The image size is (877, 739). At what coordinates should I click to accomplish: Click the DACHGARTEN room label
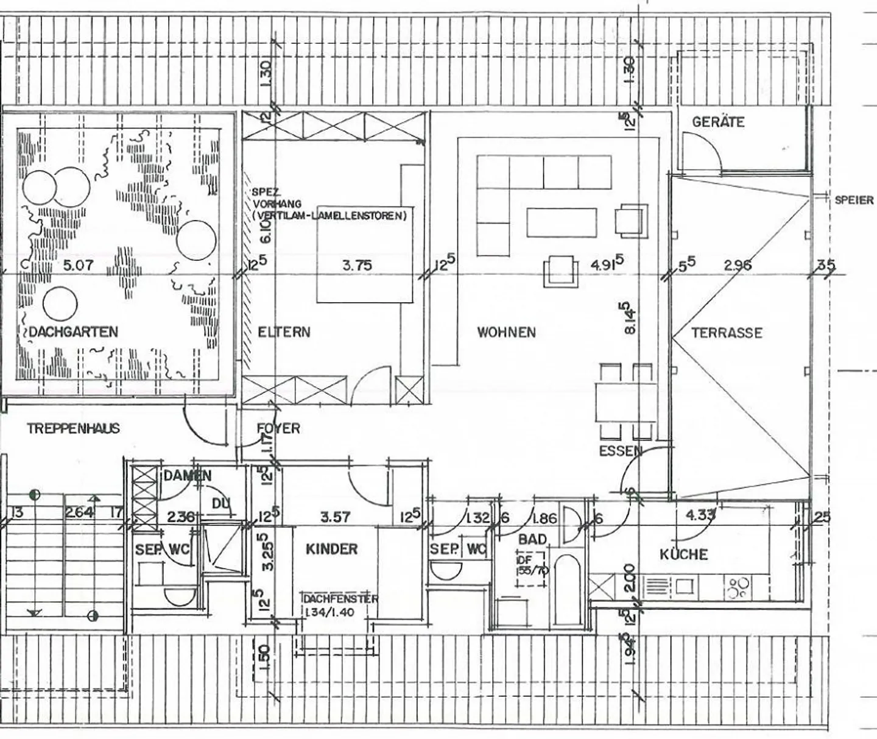point(73,332)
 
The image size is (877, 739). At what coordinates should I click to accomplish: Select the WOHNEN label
point(506,332)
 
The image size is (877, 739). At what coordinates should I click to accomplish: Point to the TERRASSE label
point(727,333)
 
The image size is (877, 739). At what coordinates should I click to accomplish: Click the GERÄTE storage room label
point(718,122)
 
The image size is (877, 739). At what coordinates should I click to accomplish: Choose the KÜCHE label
point(684,554)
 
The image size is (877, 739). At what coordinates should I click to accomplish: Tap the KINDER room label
point(331,549)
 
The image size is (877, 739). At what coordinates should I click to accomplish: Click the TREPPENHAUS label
point(73,428)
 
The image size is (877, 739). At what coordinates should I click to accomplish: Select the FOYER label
point(278,428)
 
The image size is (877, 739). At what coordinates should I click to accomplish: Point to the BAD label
point(532,539)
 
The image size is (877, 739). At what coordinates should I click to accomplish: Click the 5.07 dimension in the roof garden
point(79,265)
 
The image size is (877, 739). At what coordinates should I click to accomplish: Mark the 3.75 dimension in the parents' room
point(357,265)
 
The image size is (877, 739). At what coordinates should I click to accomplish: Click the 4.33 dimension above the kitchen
point(700,515)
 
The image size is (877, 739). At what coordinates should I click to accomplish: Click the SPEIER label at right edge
point(854,200)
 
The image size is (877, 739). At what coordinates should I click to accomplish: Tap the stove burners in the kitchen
point(738,587)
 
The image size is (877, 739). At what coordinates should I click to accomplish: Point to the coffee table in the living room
point(562,222)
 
